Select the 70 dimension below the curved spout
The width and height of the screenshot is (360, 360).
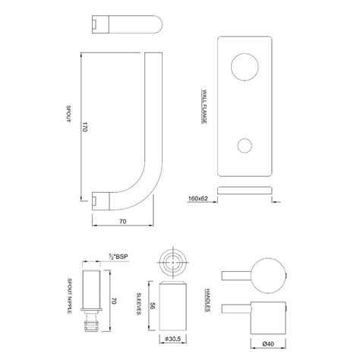[122, 221]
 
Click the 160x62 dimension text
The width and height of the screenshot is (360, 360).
[197, 199]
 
